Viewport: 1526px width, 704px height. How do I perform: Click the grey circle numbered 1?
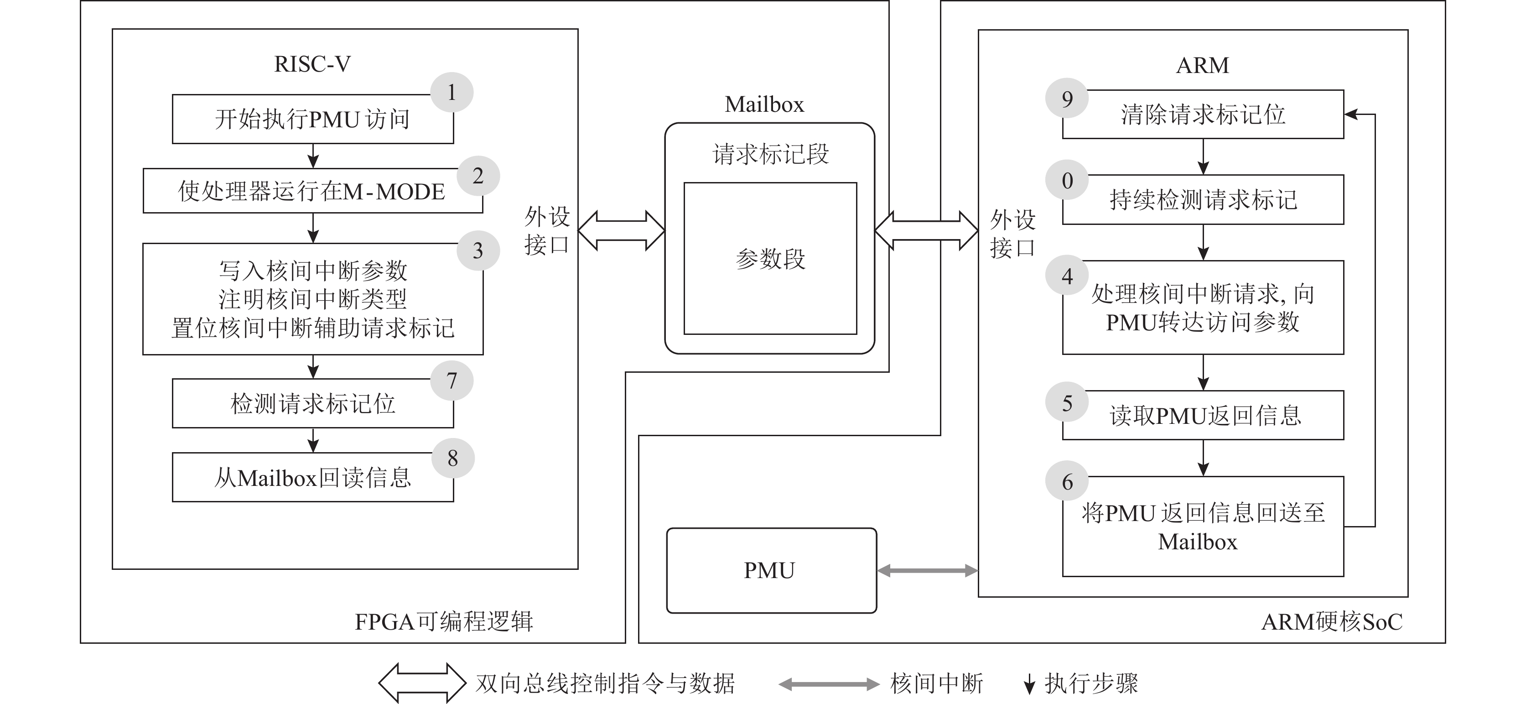pos(452,93)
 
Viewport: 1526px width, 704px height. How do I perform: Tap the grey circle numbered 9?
pos(1067,99)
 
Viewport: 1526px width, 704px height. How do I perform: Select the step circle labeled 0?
pos(1067,180)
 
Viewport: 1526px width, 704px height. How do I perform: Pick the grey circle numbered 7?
pos(452,381)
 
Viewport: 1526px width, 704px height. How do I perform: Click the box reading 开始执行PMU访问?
pos(312,120)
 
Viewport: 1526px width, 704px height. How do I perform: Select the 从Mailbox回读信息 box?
pos(312,478)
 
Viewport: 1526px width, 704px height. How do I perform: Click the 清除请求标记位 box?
pos(1203,115)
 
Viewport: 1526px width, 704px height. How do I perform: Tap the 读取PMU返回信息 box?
pos(1203,415)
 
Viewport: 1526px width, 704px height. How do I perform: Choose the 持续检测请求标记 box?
pos(1203,200)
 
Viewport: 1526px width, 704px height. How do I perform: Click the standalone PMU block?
pos(771,570)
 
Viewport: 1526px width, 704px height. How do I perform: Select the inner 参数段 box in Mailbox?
pos(770,258)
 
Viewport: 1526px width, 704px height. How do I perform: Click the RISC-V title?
pos(312,64)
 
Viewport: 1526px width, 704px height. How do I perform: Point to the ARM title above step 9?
pos(1203,65)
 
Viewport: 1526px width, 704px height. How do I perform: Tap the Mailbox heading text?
pos(764,104)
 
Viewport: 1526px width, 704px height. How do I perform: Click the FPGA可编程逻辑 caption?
pos(444,621)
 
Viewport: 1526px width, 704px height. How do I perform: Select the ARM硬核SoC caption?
pos(1332,621)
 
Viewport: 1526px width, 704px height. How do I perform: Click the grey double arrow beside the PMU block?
pos(927,571)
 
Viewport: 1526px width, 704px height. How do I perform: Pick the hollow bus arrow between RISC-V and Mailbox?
pos(621,230)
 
